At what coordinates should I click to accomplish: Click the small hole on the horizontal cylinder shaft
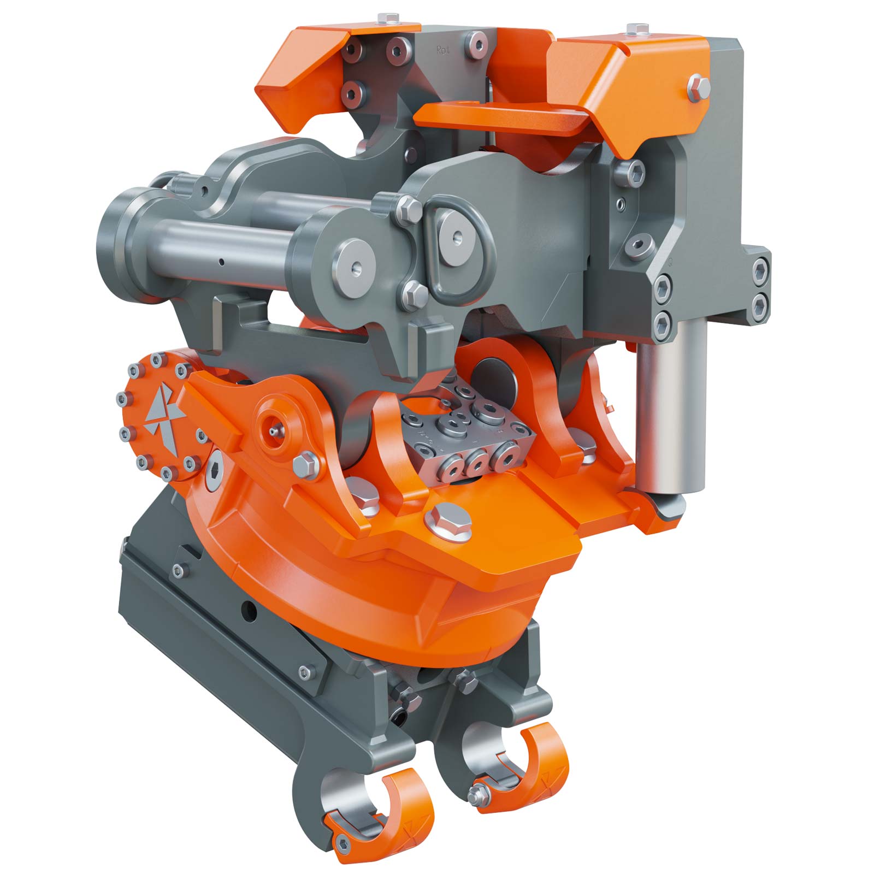pos(222,262)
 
